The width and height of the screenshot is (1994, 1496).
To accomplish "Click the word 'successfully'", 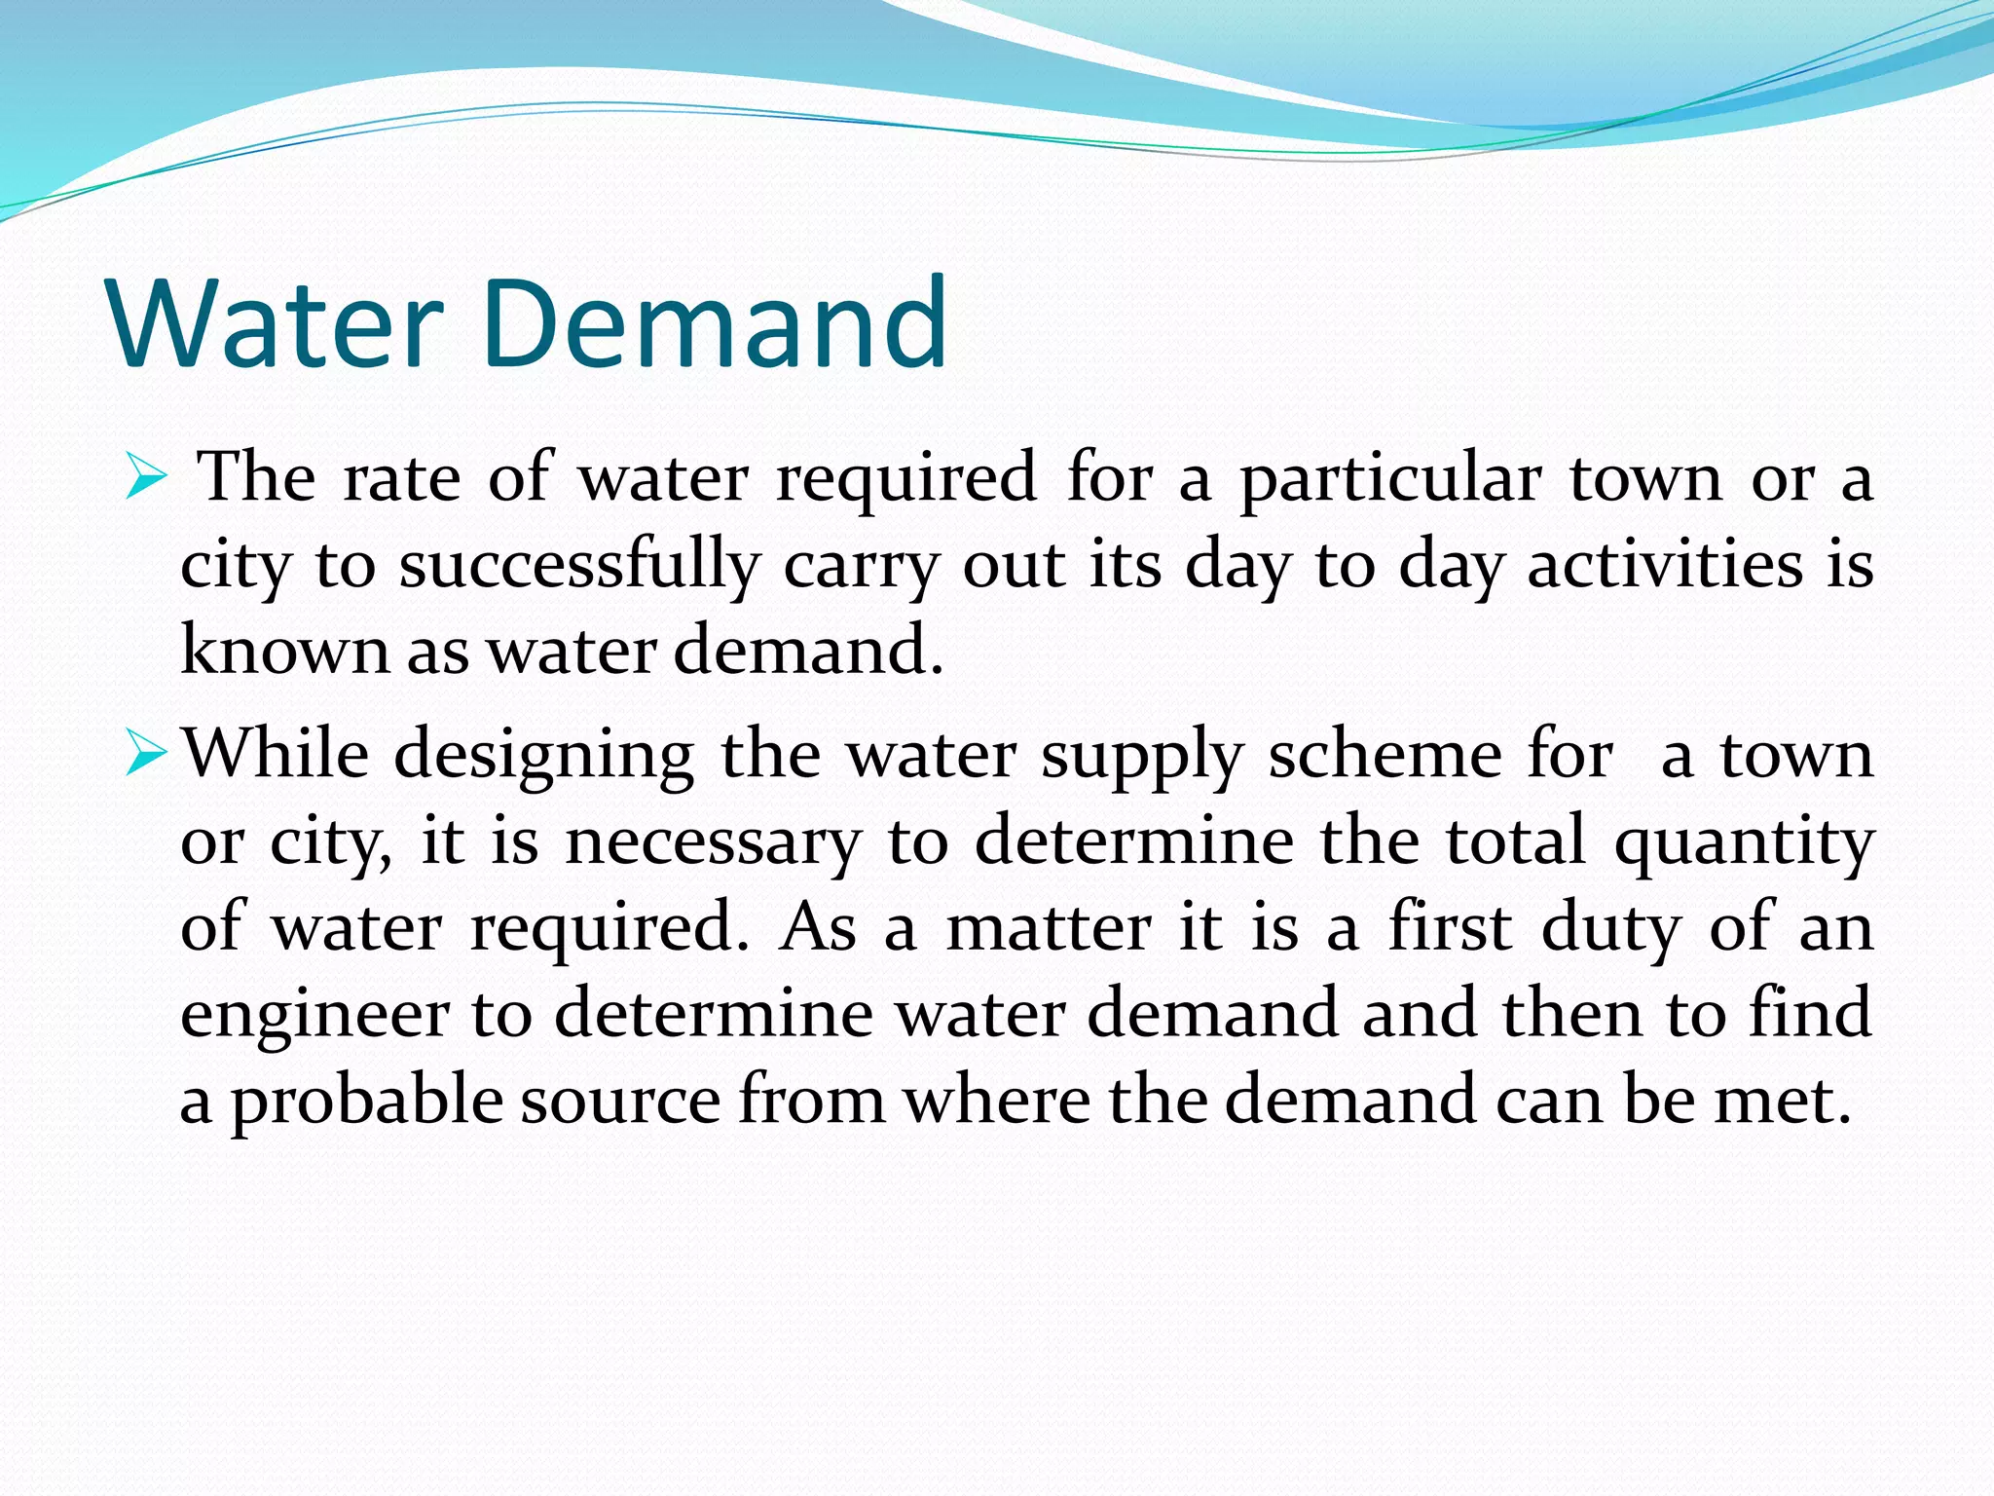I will coord(578,567).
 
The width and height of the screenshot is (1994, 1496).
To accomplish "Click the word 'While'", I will coord(277,755).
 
